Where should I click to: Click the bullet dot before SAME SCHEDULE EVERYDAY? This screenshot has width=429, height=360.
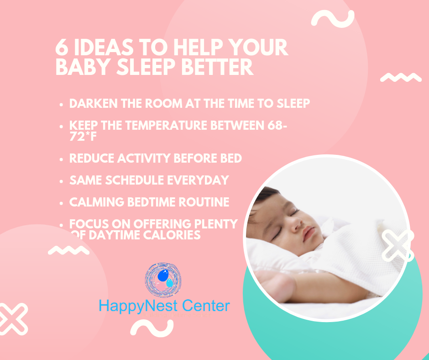pos(61,181)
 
